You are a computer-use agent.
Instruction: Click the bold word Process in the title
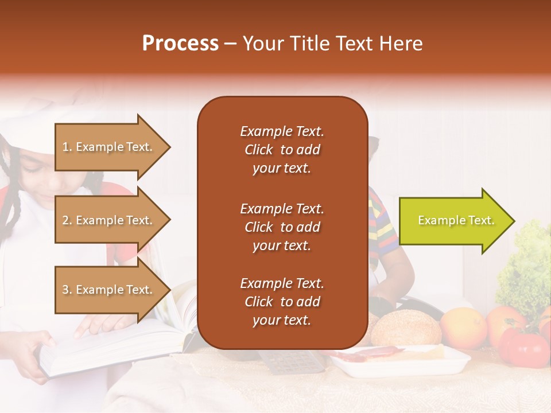(x=180, y=44)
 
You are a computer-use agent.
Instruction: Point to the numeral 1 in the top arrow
(x=65, y=147)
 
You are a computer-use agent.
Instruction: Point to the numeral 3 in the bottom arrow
(x=65, y=290)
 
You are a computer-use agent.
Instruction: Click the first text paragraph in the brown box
(x=282, y=150)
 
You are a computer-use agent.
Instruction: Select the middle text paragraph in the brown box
(x=282, y=227)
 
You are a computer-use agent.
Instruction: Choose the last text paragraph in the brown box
(x=282, y=302)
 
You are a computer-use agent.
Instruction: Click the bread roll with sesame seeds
(x=406, y=328)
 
